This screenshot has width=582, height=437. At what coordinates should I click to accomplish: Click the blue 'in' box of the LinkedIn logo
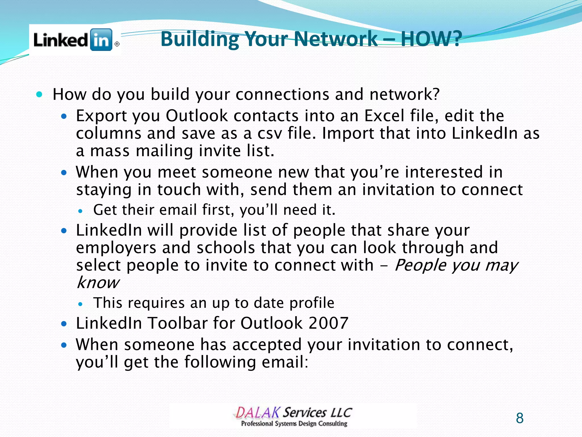(101, 40)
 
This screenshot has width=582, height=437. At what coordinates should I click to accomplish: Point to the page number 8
(519, 418)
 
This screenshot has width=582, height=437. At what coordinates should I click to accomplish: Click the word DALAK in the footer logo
(257, 413)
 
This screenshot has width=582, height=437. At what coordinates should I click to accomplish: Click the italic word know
(98, 283)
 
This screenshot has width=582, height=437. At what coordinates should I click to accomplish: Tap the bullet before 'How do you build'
(40, 94)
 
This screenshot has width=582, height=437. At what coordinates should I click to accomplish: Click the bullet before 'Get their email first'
(81, 211)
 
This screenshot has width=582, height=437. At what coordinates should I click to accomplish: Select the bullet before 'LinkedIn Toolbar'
(64, 323)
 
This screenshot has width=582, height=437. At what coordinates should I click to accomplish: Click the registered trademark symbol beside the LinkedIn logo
(117, 44)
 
